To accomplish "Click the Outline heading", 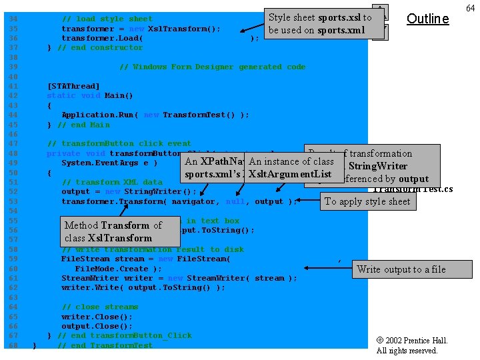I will (x=427, y=19).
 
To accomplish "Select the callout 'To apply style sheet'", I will (x=367, y=201).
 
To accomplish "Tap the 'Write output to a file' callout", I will (x=401, y=269).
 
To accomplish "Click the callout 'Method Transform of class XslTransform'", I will (x=113, y=231).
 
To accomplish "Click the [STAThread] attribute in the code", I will (x=73, y=86).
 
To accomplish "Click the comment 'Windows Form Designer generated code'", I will (x=212, y=67).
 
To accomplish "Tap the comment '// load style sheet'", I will (x=107, y=19).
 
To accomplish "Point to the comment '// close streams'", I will (x=97, y=307).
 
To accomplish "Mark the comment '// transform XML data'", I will (x=111, y=182).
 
